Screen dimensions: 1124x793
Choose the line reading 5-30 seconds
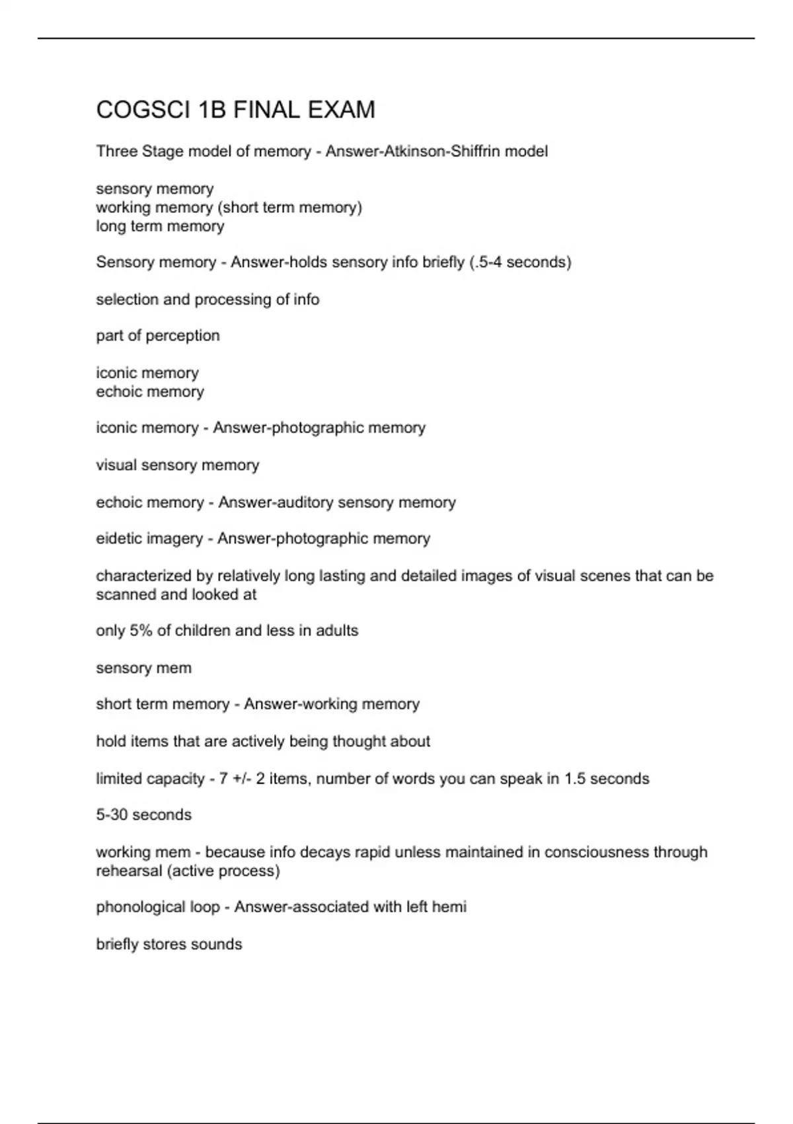coord(143,815)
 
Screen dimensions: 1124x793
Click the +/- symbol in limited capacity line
coord(243,779)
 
